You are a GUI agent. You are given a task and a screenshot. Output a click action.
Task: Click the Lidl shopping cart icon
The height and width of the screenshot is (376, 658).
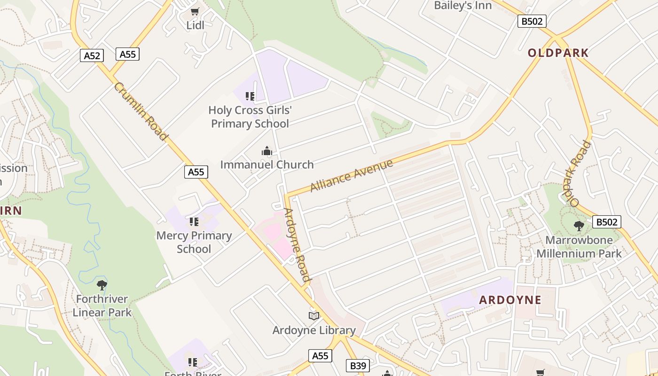click(195, 11)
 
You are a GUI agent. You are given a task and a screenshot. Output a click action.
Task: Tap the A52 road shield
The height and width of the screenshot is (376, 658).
click(92, 55)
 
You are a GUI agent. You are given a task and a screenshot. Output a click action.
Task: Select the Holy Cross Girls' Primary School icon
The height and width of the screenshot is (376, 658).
click(250, 96)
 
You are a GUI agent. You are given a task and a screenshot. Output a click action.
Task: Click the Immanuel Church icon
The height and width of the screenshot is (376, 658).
click(267, 151)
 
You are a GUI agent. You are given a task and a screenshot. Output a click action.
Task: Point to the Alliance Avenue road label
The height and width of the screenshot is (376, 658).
click(351, 176)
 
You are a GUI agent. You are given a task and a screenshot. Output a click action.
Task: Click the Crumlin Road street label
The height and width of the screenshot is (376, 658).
click(141, 111)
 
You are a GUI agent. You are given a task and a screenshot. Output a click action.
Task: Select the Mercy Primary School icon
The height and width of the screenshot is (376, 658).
click(194, 222)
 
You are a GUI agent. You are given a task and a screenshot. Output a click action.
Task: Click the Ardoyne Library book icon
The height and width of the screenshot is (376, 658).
click(314, 316)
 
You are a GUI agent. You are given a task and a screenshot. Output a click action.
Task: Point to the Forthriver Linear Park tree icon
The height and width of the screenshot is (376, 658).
click(102, 285)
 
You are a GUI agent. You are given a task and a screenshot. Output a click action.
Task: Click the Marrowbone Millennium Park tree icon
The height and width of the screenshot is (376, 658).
click(579, 226)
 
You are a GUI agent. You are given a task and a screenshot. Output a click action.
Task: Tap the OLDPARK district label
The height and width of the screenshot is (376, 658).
click(558, 53)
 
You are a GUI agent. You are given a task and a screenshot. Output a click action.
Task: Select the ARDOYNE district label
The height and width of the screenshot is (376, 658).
click(510, 300)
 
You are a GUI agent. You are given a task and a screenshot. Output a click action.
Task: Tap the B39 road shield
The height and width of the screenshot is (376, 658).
click(358, 366)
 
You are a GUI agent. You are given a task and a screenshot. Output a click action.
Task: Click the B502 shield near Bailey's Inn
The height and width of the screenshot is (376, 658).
click(532, 21)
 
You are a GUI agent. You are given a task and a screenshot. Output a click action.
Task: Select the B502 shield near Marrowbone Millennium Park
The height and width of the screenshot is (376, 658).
click(606, 222)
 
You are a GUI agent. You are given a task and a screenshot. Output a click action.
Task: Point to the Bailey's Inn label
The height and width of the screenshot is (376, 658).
click(462, 6)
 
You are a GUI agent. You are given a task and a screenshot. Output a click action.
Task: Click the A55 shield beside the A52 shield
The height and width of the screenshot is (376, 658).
click(127, 54)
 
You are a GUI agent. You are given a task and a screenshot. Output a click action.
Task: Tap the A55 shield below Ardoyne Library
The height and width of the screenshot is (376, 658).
click(320, 356)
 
